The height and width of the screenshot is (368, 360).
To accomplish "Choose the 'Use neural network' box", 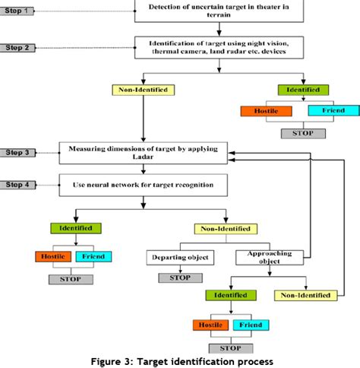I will point(136,185).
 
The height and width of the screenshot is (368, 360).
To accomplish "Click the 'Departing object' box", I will point(180,257).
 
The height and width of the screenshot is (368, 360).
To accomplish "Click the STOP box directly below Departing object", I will point(180,278).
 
